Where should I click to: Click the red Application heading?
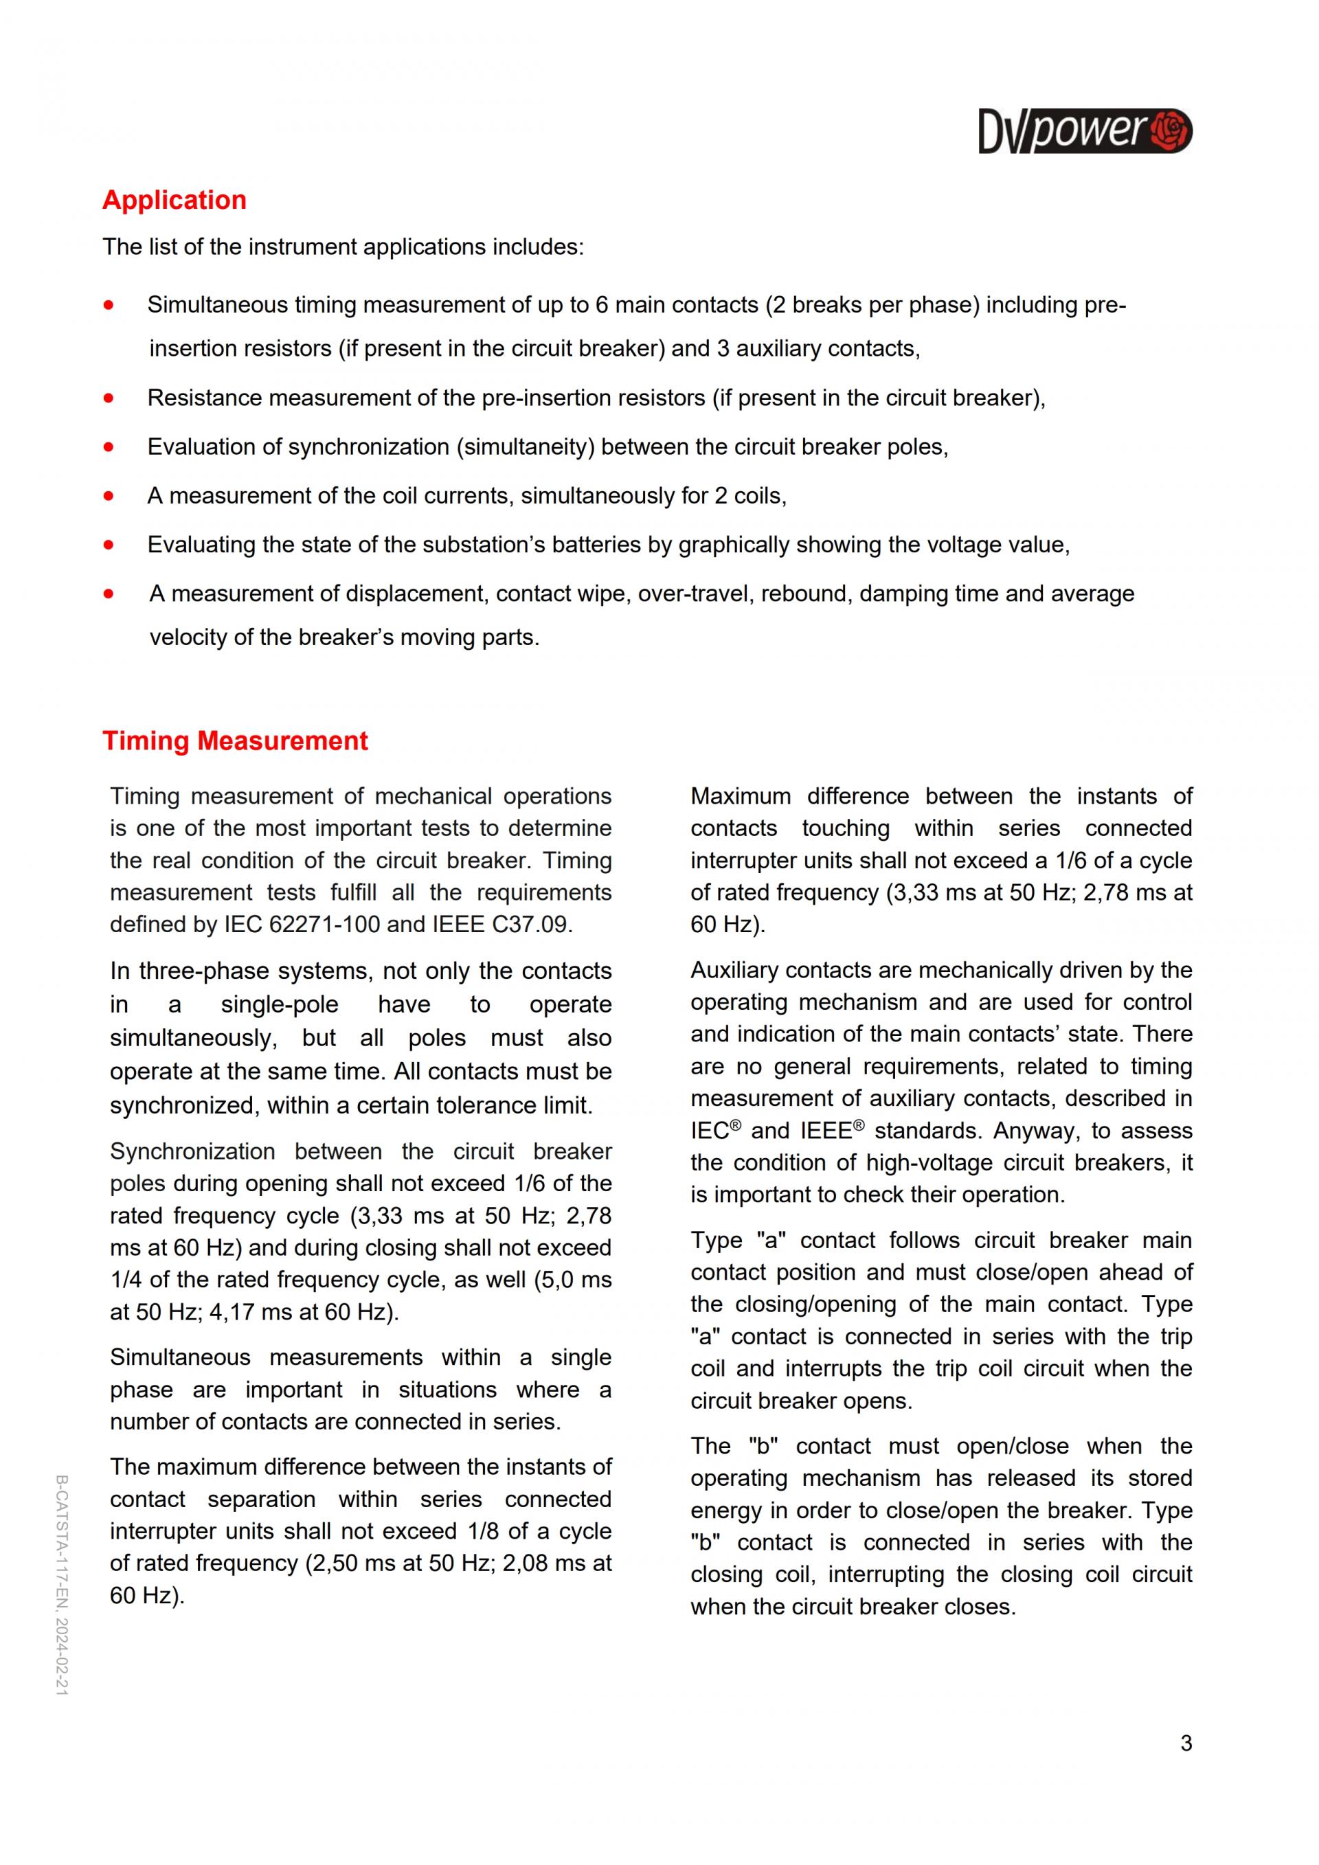point(174,200)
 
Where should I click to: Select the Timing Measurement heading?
point(235,741)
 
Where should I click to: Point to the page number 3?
point(1186,1743)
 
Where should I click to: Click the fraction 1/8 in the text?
point(484,1531)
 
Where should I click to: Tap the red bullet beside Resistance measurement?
point(109,398)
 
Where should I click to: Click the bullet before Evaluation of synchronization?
point(109,447)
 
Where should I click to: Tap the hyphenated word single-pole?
point(280,1005)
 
